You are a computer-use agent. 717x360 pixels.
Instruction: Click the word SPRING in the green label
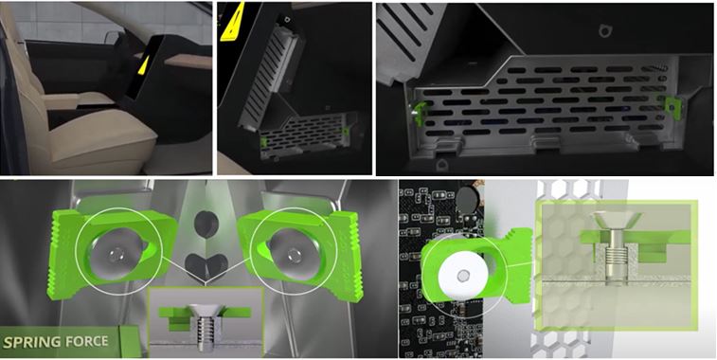coord(31,342)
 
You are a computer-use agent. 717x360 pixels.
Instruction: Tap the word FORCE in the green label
coord(85,341)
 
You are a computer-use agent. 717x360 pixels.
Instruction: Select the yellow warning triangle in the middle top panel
coord(232,22)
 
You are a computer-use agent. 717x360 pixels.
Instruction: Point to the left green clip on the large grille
coord(420,111)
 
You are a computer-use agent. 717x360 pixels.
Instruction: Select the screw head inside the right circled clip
coord(291,252)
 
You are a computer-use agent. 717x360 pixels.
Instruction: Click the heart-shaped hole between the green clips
coord(206,265)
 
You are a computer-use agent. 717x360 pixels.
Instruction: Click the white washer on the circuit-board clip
coord(462,276)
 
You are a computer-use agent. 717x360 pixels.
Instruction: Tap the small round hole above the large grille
coord(604,30)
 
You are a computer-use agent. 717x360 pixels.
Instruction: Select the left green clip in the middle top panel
coord(264,142)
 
